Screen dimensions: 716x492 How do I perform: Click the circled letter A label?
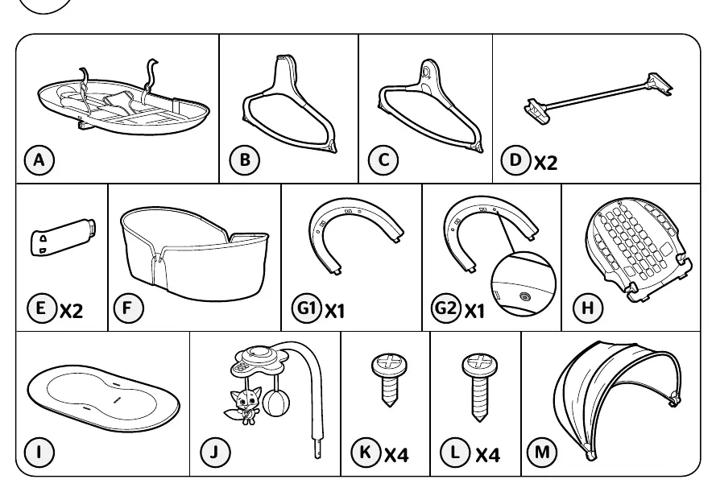click(39, 160)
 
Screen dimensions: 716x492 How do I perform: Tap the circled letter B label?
click(245, 160)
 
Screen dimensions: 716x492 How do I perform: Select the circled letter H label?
click(588, 308)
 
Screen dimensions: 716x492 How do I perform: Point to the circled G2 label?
click(446, 308)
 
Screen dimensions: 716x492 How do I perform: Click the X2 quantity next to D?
click(546, 163)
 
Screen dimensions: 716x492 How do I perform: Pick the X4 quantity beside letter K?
click(397, 455)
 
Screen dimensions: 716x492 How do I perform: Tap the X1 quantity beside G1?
click(335, 312)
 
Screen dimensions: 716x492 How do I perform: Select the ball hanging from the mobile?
click(275, 403)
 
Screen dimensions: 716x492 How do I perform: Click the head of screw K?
click(390, 364)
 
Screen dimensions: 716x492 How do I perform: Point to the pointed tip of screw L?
click(479, 419)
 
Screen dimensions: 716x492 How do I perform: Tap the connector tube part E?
click(63, 237)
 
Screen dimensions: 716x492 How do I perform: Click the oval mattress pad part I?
click(103, 399)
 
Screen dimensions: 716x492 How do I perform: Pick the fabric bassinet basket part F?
click(195, 254)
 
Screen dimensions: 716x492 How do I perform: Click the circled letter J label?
click(215, 452)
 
